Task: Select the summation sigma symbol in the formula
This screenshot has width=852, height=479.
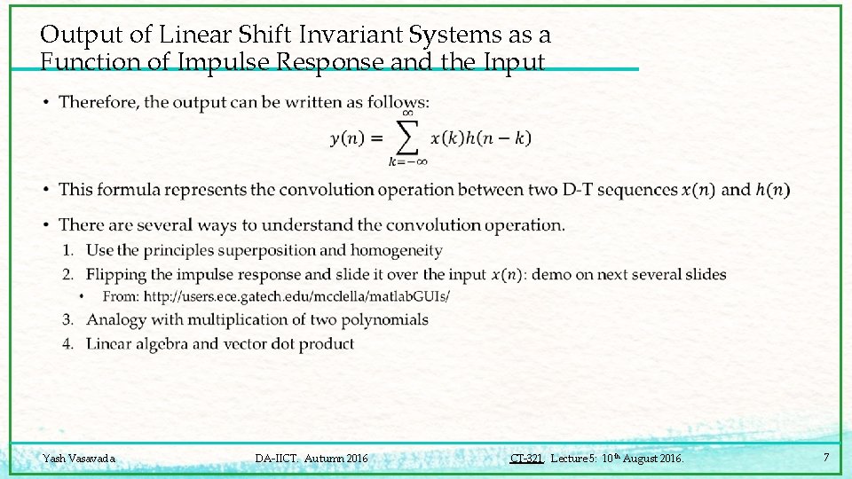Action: point(407,137)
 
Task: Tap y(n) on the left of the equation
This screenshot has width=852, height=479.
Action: point(346,138)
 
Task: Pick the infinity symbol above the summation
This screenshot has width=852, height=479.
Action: point(407,113)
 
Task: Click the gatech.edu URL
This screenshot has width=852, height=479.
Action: point(296,296)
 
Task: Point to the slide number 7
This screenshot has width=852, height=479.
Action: point(826,458)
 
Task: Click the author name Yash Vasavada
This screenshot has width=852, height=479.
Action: point(79,459)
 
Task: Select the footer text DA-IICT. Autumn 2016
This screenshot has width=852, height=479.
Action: point(311,459)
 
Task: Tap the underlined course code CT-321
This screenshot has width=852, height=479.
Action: point(526,459)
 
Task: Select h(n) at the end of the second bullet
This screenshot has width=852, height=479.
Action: point(773,190)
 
